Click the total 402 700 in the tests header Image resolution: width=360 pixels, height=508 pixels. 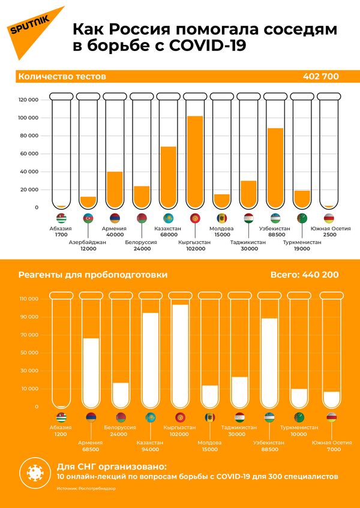[321, 77]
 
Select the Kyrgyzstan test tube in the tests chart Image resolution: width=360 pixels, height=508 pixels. [195, 150]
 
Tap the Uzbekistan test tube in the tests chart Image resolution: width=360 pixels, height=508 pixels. [275, 150]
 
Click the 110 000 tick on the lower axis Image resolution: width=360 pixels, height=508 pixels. [28, 298]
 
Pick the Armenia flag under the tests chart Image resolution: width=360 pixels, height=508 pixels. [115, 218]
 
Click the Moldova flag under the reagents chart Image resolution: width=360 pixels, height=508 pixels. [210, 417]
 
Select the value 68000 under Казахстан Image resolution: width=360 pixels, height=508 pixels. [168, 235]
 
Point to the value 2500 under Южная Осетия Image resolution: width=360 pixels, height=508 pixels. [329, 235]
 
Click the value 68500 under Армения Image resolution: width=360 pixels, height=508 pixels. [91, 449]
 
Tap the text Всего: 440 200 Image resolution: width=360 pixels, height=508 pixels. [304, 275]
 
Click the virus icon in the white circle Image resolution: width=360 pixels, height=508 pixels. [34, 472]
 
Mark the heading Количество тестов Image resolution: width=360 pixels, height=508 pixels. [62, 77]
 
